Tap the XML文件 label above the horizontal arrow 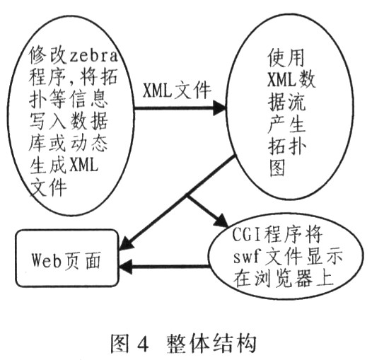point(177,91)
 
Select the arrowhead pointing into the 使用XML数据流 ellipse point(219,108)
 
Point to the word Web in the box point(47,259)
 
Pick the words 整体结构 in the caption point(212,344)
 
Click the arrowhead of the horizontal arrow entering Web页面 point(126,267)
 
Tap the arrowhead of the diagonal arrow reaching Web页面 point(126,244)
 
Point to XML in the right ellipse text point(282,79)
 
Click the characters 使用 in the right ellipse point(286,58)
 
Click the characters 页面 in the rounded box point(81,260)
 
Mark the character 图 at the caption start point(120,344)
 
